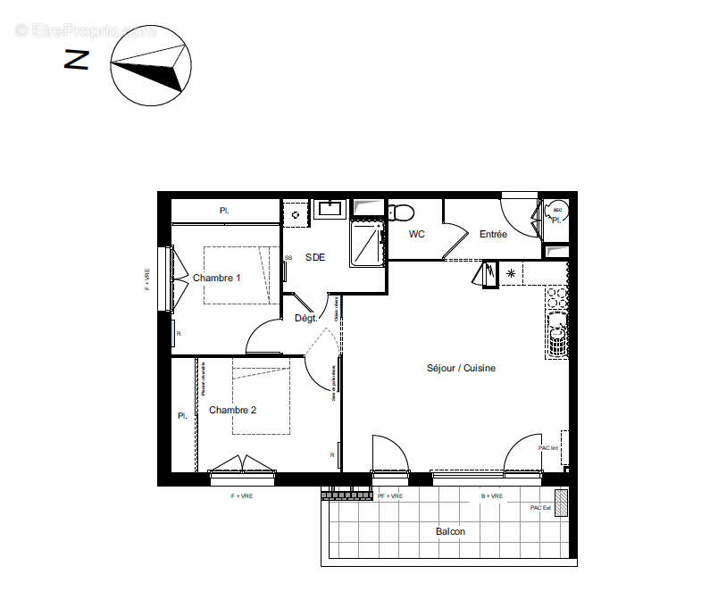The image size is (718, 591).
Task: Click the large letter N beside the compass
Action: click(x=77, y=60)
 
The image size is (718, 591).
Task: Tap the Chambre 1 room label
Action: click(x=217, y=278)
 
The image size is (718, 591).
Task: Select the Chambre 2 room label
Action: click(x=232, y=410)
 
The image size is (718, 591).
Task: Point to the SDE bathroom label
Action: click(x=315, y=257)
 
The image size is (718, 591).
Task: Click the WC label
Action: click(x=416, y=235)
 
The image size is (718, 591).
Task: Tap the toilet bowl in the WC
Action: click(x=401, y=212)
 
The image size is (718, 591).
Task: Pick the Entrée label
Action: click(x=493, y=235)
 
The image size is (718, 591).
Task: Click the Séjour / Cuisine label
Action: click(x=460, y=368)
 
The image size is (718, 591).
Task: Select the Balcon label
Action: click(x=450, y=531)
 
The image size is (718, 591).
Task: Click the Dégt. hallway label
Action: click(x=305, y=318)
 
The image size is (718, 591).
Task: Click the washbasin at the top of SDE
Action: click(x=330, y=209)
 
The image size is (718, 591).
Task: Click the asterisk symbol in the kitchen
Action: click(x=511, y=273)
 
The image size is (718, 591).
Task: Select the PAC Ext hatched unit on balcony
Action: click(x=561, y=497)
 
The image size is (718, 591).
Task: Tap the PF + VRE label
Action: click(x=390, y=495)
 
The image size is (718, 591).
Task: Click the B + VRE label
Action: click(x=492, y=495)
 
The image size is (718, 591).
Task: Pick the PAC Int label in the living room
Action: click(x=547, y=448)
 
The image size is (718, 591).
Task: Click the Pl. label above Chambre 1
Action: click(x=224, y=211)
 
